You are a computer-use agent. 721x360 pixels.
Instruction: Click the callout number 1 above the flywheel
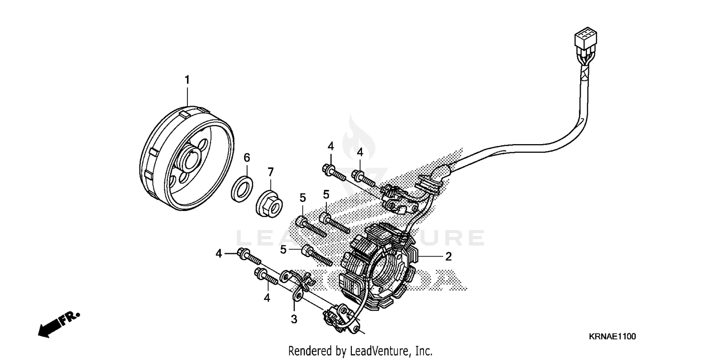coord(187,80)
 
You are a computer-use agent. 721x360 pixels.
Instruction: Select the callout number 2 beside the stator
coord(448,257)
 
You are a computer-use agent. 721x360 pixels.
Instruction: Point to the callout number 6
coord(247,158)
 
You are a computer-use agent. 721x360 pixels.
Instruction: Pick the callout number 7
coord(270,172)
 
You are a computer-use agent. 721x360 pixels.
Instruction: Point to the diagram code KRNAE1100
coord(612,337)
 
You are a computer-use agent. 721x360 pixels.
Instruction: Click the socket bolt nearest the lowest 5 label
coord(317,256)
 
